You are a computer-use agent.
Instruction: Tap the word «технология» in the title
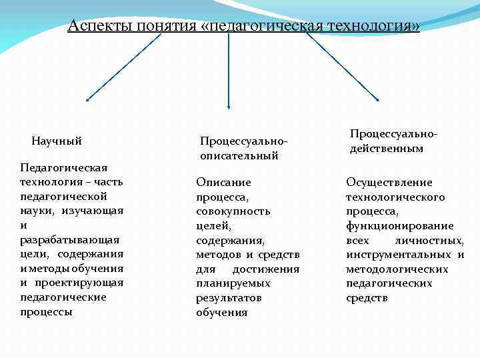(374, 26)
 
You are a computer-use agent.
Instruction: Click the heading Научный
(57, 141)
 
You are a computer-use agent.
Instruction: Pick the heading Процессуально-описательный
(243, 148)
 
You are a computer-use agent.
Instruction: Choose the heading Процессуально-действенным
(393, 141)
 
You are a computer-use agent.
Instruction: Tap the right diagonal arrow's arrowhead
(377, 100)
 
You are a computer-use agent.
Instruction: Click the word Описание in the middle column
(223, 182)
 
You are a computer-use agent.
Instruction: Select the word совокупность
(233, 211)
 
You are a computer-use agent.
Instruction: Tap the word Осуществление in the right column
(389, 182)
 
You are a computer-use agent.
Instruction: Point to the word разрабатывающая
(70, 239)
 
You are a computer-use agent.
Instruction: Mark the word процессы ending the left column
(47, 311)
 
